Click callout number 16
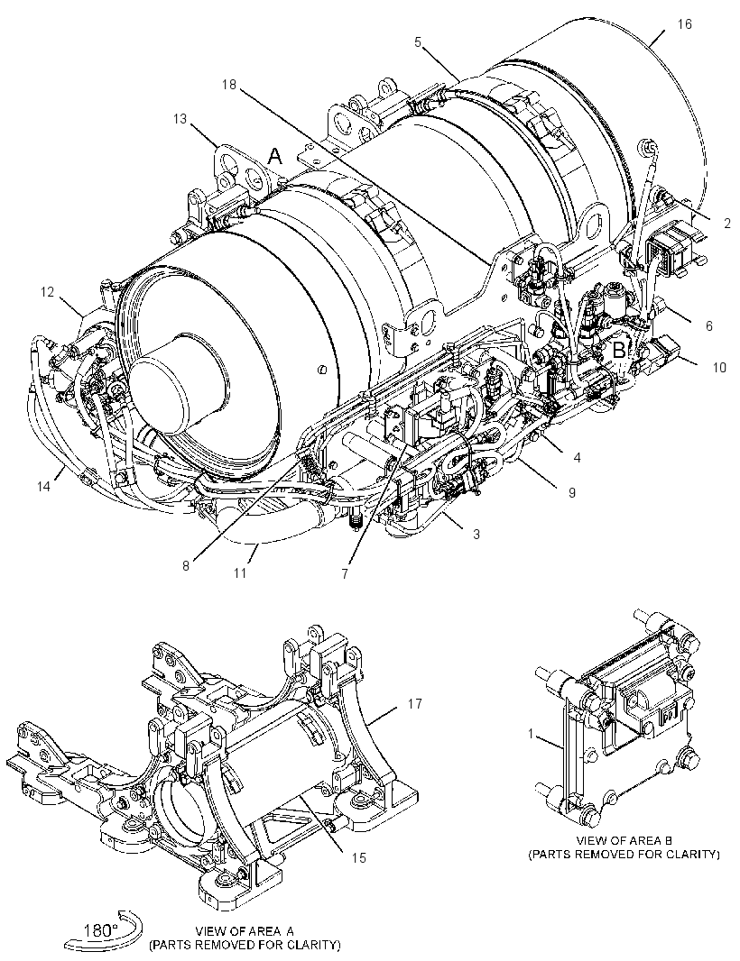tap(685, 24)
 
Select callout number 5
tap(418, 41)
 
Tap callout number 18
tap(229, 85)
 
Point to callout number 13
tap(180, 118)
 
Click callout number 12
tap(48, 292)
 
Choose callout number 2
tap(727, 224)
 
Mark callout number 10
tap(719, 367)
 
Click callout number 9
tap(572, 492)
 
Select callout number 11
tap(239, 572)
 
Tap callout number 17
tap(415, 704)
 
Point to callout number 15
tap(358, 858)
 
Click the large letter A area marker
tap(276, 157)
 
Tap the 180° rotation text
tap(101, 929)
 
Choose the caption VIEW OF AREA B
tap(624, 839)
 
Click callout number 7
tap(345, 573)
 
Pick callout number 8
tap(186, 565)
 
